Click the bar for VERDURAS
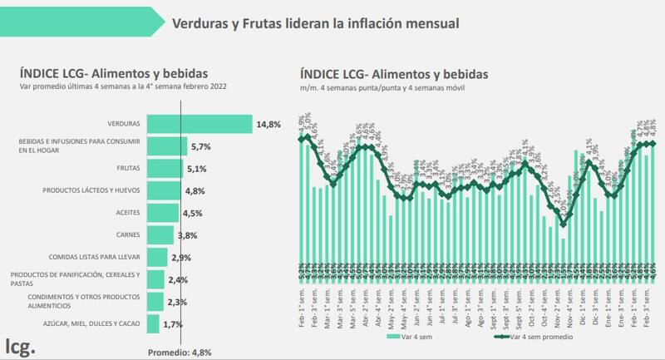[x=199, y=124]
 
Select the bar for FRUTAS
[x=165, y=169]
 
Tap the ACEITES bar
[x=162, y=213]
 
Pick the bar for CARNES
[x=160, y=234]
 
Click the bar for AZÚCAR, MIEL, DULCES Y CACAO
[x=153, y=323]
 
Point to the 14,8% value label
[x=268, y=125]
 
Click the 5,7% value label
[x=201, y=146]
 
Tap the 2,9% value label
[x=180, y=258]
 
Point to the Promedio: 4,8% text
[x=180, y=351]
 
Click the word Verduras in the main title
[x=199, y=23]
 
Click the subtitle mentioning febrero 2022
[x=125, y=86]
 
